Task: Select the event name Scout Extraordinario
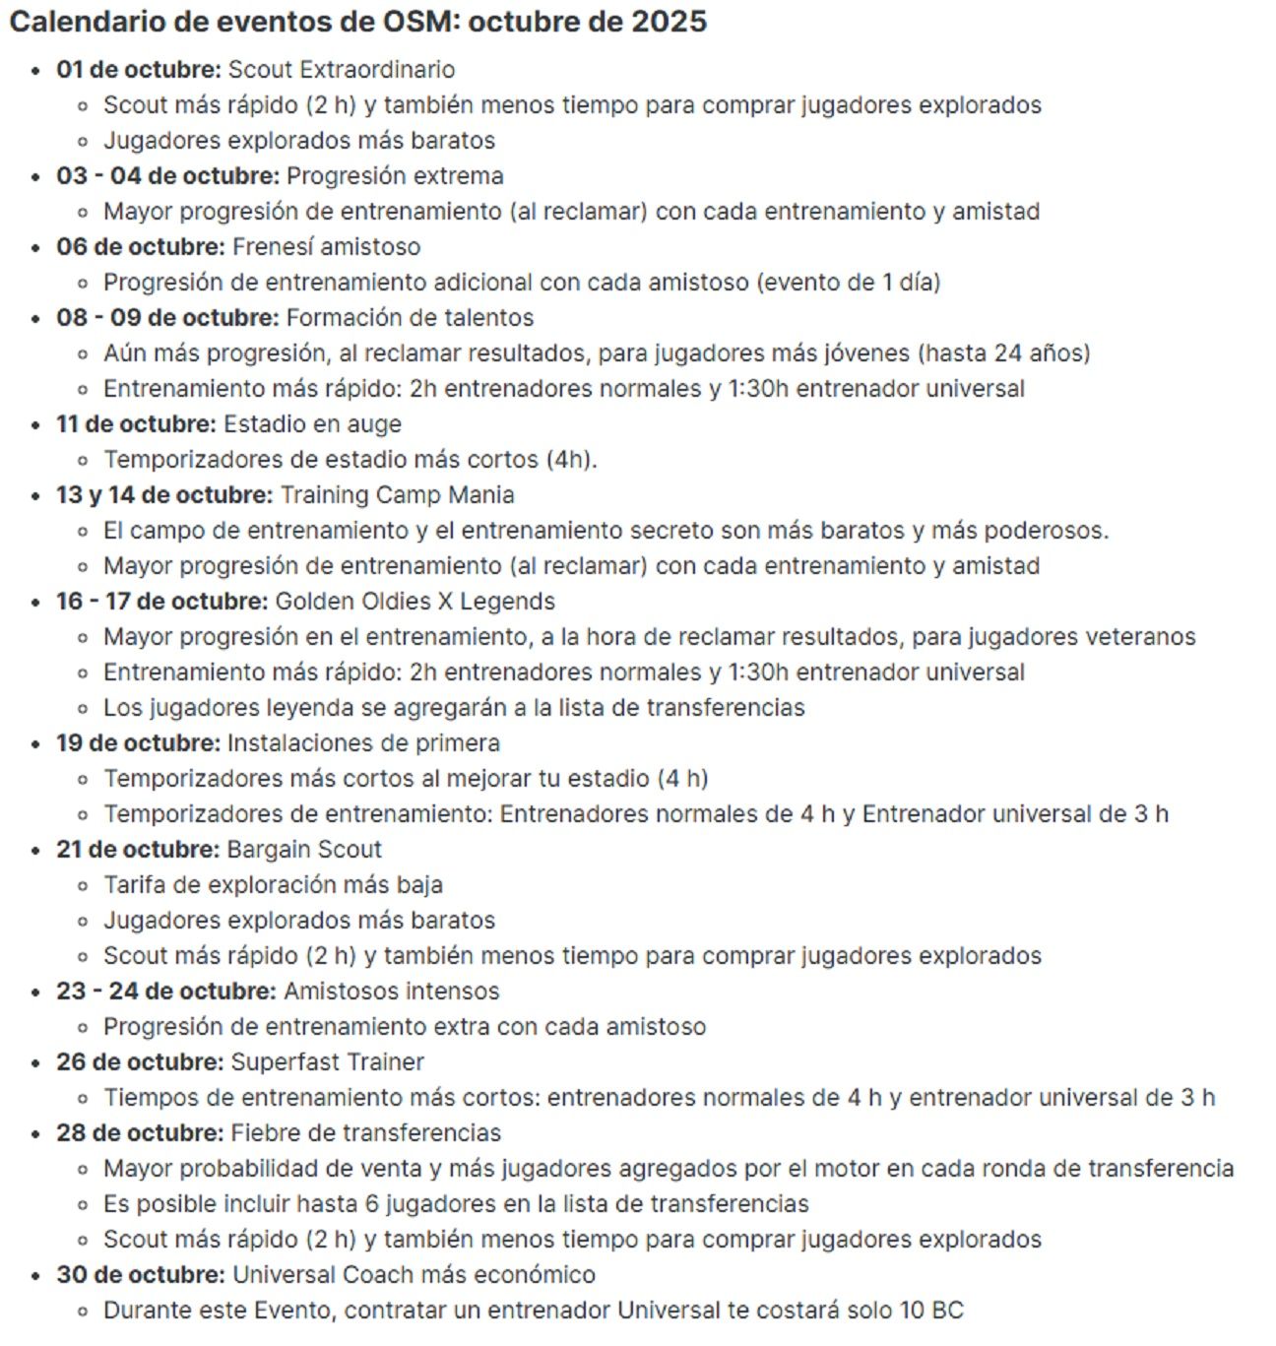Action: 342,70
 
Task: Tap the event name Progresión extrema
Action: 395,176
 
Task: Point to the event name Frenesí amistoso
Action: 326,247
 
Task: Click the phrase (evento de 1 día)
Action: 849,283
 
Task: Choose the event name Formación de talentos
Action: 410,318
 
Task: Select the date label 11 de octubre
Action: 136,424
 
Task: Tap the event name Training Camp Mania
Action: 397,495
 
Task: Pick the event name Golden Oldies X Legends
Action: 415,602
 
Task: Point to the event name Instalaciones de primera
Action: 363,743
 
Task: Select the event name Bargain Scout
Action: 304,850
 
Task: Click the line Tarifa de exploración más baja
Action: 273,885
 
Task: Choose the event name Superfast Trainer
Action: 328,1062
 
